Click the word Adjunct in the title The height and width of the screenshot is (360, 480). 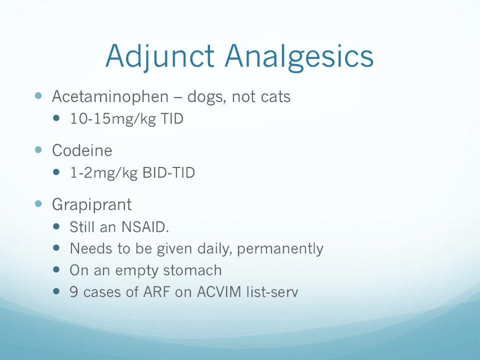coord(159,56)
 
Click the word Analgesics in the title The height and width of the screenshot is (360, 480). coord(299,57)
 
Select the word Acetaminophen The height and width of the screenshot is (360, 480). coord(110,97)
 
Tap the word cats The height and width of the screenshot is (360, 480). coord(276,97)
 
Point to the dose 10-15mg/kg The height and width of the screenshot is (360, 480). coord(113,119)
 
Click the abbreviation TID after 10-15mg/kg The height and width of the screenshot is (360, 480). coord(171,118)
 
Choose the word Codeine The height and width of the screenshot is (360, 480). coord(82,150)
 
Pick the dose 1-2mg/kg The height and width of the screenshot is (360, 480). coord(104,173)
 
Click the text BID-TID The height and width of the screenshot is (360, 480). coord(168,172)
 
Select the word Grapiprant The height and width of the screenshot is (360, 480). coord(92,205)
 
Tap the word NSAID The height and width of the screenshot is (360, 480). coord(145,227)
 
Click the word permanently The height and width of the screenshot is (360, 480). coord(280,249)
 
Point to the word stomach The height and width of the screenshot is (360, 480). coord(192,270)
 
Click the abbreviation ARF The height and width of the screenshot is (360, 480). coord(156,291)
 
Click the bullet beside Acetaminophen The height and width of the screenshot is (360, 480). coord(38,95)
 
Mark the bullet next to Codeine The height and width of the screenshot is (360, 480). coord(38,149)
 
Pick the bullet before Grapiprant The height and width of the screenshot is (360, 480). coord(38,203)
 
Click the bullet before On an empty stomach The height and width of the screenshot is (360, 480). coord(56,269)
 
